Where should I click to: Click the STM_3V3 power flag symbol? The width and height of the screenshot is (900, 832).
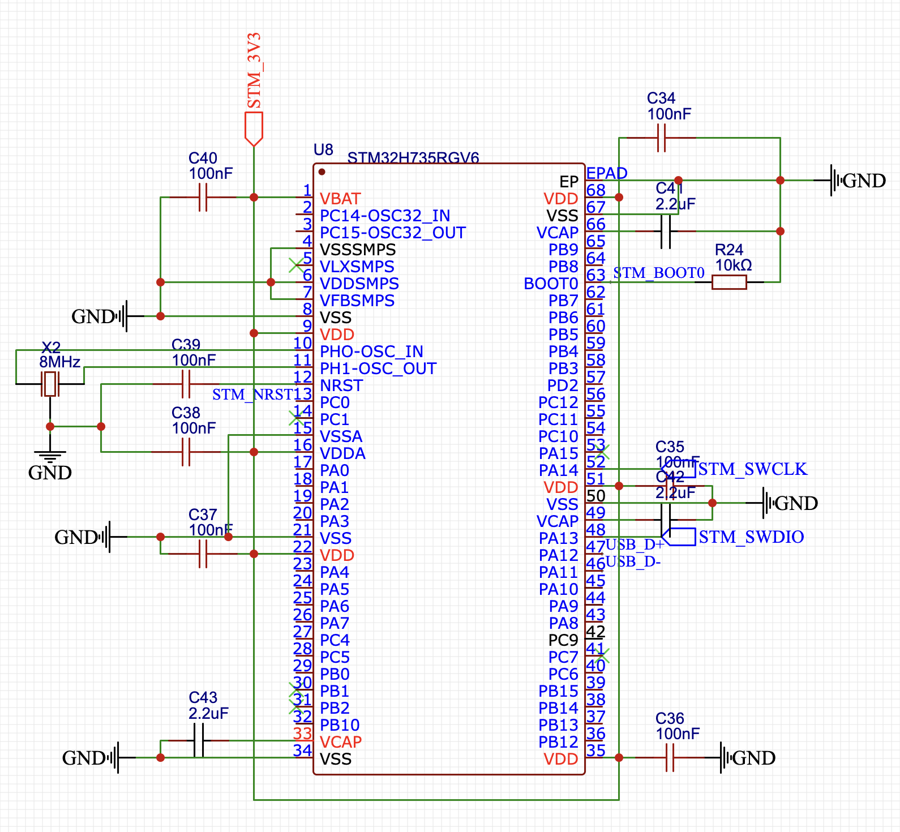254,128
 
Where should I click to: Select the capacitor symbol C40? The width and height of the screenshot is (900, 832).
203,197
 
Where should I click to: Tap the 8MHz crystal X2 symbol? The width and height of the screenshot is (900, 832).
50,384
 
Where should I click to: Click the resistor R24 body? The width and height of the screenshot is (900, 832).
729,282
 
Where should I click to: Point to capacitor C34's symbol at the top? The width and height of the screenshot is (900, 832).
661,138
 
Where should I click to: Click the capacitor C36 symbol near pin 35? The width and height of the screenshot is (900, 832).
670,757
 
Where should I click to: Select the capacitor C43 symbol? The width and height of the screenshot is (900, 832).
199,740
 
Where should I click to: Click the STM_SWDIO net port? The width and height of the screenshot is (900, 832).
679,537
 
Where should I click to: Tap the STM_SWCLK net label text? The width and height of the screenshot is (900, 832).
752,469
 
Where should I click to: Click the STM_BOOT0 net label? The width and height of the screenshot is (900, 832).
658,273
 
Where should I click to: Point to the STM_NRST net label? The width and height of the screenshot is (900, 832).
252,394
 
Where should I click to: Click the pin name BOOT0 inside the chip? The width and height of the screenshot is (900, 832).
550,284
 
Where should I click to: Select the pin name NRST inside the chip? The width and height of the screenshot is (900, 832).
341,385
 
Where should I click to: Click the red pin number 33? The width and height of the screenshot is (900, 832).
303,734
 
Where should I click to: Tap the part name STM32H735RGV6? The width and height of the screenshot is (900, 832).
413,157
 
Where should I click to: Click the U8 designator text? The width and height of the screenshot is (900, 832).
323,149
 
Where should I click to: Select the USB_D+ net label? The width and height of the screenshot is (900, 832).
635,544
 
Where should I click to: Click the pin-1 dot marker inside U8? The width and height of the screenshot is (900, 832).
322,171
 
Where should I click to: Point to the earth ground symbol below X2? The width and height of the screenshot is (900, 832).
50,456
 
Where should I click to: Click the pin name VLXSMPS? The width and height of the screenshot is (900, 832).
357,267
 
